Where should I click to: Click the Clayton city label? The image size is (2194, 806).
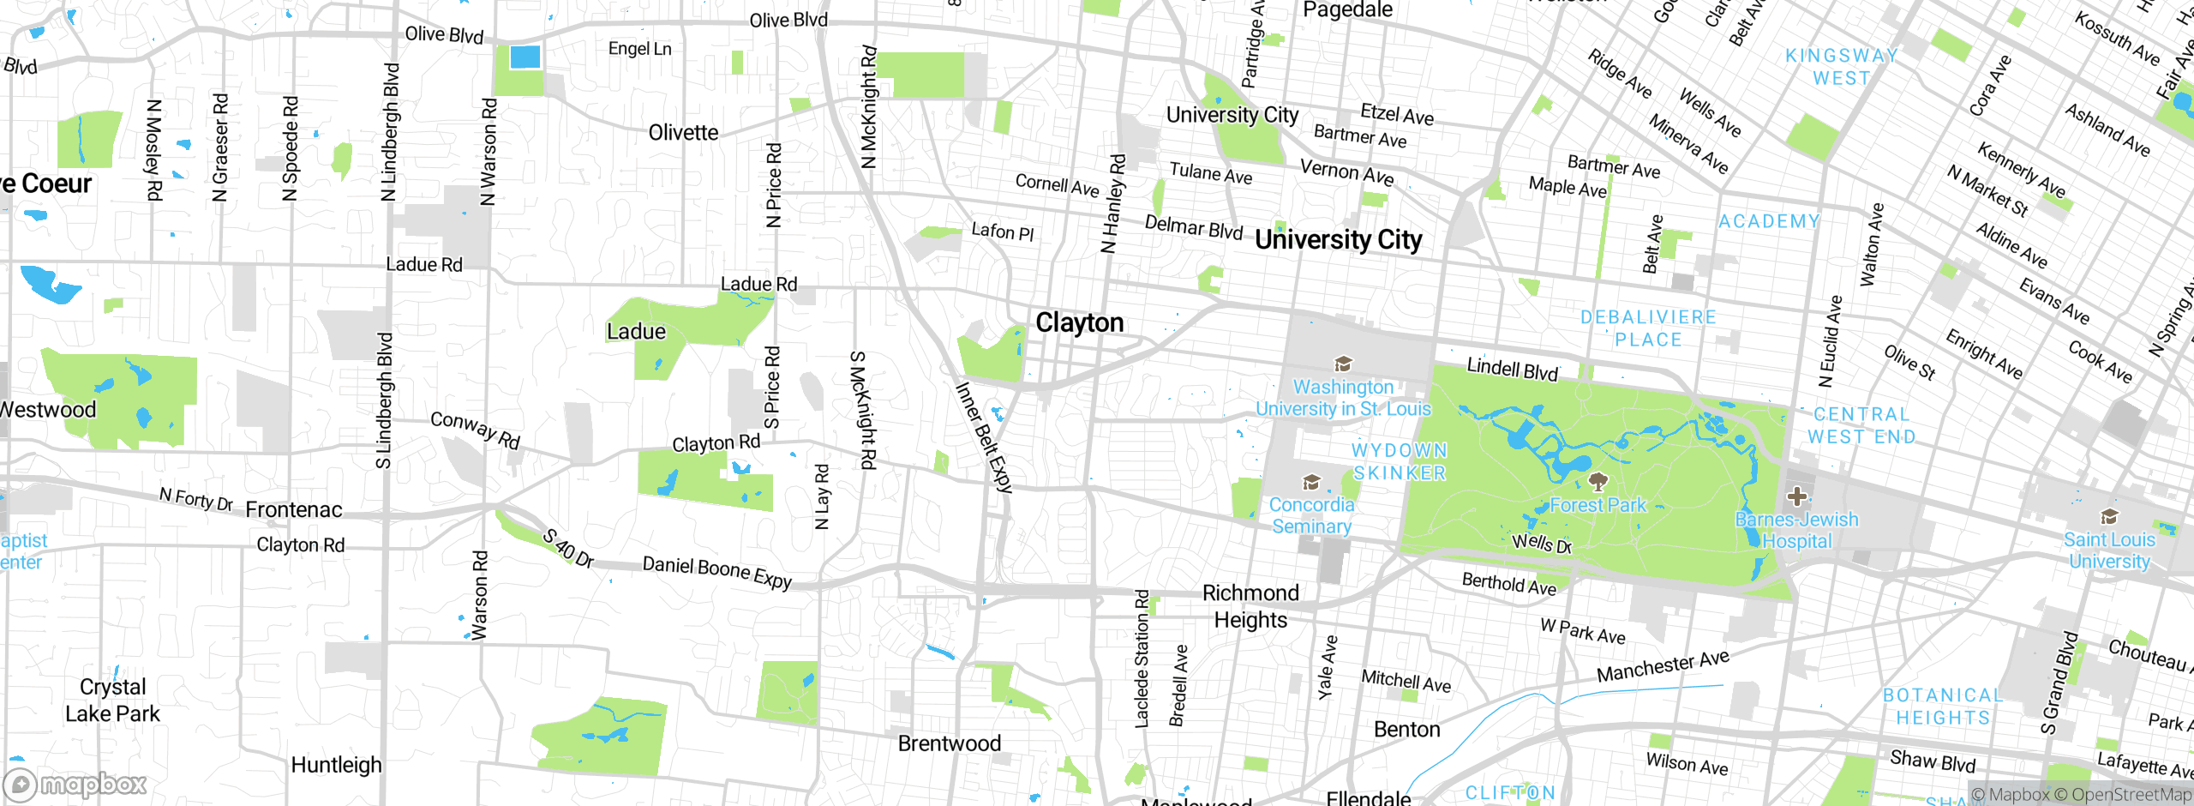1079,323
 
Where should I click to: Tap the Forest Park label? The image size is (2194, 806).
1598,505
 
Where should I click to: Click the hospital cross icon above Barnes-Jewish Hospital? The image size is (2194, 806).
1796,496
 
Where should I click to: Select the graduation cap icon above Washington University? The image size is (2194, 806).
1343,364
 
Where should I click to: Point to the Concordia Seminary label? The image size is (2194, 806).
1311,515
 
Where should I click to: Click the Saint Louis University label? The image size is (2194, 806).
2109,550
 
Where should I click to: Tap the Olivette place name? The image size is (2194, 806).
683,133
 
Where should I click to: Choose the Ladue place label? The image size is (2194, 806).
636,332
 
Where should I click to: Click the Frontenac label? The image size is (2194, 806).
294,510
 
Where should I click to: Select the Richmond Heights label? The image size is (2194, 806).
1250,606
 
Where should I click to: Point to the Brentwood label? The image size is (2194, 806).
949,743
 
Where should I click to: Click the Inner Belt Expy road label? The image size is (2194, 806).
984,437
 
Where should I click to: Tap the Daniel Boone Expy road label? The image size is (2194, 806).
717,572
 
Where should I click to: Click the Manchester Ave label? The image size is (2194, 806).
1663,666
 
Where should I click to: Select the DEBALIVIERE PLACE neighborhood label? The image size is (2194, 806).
1648,328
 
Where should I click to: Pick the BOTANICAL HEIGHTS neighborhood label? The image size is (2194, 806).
1943,707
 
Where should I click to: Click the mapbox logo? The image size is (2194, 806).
75,785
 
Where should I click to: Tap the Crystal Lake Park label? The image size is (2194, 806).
112,701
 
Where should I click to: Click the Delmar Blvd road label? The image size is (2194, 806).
1193,228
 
